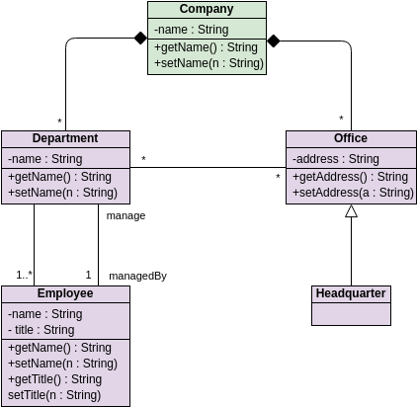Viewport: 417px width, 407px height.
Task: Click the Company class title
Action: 207,9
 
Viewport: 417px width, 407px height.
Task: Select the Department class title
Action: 65,138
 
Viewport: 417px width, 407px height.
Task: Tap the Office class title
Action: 351,138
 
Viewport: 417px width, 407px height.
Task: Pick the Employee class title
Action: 65,293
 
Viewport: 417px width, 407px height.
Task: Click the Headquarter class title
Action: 351,293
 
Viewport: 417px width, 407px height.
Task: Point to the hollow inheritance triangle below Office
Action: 351,211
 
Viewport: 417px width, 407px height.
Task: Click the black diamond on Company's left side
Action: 140,39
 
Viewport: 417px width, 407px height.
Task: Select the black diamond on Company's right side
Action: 274,41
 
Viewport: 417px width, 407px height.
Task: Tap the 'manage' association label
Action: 125,216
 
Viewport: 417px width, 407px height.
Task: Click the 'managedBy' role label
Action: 137,276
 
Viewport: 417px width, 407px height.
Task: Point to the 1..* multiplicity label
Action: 25,275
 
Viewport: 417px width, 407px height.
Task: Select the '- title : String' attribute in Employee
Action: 42,330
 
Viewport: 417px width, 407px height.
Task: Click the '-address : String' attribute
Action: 336,159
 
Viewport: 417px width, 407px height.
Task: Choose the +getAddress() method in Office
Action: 350,177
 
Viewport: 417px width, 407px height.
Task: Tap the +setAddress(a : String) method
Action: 353,193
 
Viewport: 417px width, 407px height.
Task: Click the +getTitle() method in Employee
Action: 54,379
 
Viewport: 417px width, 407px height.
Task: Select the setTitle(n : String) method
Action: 54,395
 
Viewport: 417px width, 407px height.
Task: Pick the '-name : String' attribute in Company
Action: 192,30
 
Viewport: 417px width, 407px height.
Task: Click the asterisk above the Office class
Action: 341,119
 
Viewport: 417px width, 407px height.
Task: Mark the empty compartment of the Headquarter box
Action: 351,314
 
